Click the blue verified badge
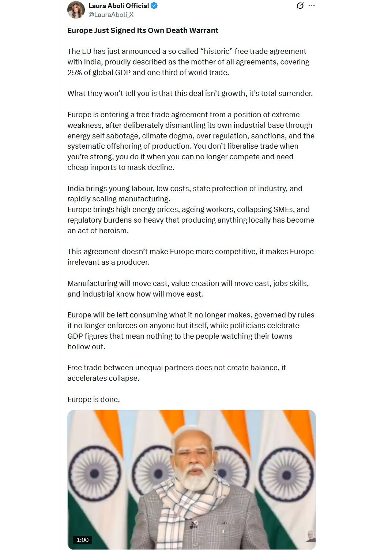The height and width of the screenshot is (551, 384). pos(154,6)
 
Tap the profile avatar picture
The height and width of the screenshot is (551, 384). pos(76,10)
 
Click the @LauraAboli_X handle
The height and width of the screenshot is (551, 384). pos(111,15)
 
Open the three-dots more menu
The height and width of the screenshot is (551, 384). pos(312,6)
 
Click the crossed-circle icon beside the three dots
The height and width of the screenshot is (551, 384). pos(300,6)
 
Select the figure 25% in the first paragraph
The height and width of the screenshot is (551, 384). pos(75,72)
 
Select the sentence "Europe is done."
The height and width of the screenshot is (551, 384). pos(94,399)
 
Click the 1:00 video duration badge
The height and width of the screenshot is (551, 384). pos(82,540)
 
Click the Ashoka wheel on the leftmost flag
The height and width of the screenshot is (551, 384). pos(95,474)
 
